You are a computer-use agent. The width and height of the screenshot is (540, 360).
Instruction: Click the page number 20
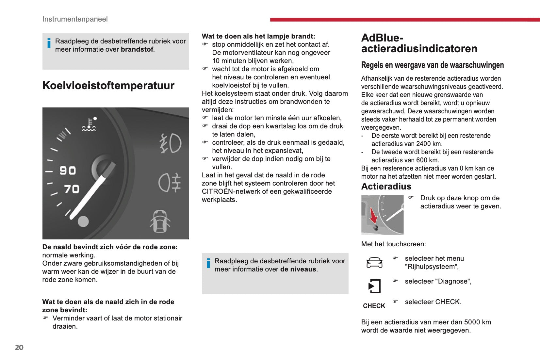click(x=19, y=347)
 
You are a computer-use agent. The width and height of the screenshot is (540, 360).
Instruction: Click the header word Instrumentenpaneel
click(x=75, y=19)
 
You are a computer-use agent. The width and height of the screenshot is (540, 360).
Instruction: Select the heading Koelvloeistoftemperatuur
click(x=108, y=86)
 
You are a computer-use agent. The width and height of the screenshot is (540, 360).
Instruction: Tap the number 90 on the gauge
click(x=68, y=170)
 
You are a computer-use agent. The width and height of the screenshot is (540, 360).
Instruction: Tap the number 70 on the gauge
click(x=72, y=189)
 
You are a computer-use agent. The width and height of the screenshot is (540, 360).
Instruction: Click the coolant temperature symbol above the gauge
click(x=89, y=124)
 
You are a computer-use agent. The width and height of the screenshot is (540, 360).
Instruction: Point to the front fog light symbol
click(x=171, y=143)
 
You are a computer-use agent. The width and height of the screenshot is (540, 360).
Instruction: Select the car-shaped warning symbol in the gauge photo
click(x=160, y=221)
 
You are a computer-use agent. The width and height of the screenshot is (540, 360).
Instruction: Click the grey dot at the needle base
click(x=83, y=221)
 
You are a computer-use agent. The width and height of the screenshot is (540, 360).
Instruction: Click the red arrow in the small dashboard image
click(x=373, y=215)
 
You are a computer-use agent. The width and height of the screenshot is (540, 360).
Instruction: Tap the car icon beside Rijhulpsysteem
click(x=374, y=262)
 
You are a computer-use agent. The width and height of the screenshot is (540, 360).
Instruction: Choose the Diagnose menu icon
click(x=374, y=286)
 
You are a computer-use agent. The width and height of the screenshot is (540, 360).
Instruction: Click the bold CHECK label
click(x=374, y=306)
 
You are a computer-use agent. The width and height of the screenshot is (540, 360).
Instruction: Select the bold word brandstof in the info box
click(x=137, y=49)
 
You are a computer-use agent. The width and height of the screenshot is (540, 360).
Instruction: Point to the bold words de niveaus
click(x=298, y=269)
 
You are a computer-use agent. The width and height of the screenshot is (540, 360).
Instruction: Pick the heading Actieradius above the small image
click(x=386, y=187)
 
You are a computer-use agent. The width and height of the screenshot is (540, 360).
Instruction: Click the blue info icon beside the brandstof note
click(x=49, y=43)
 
